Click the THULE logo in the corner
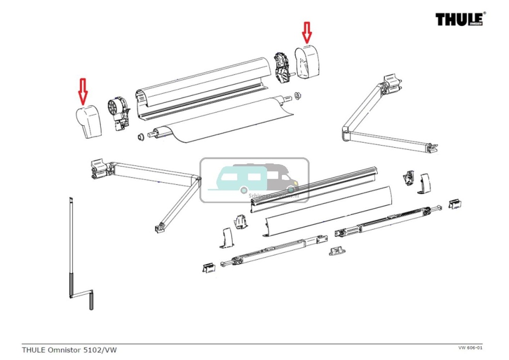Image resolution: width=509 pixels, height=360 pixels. click(x=460, y=19)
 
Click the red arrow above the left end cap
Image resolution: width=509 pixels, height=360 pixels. click(x=83, y=90)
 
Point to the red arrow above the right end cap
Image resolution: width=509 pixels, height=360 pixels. click(x=307, y=32)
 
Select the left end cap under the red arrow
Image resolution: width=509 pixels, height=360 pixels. click(x=89, y=122)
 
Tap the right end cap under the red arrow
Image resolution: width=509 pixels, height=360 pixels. click(x=308, y=62)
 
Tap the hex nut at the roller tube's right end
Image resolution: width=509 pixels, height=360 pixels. click(x=297, y=94)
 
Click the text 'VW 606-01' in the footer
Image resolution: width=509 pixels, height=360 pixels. click(x=470, y=348)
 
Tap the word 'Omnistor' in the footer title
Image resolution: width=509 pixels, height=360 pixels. click(x=68, y=350)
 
